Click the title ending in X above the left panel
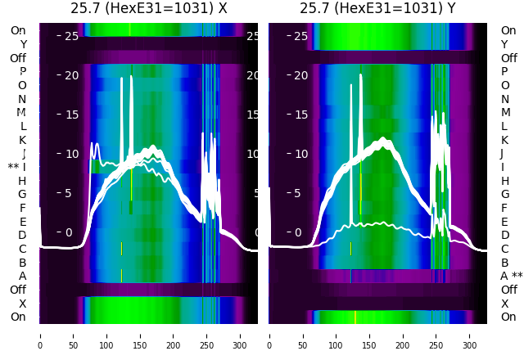tap(148, 8)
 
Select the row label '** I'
tap(17, 167)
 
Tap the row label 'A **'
tap(511, 276)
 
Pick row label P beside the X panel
tap(23, 71)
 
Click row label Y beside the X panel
tap(23, 44)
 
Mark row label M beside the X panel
tap(21, 112)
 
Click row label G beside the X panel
tap(22, 194)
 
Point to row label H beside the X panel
tap(22, 181)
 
